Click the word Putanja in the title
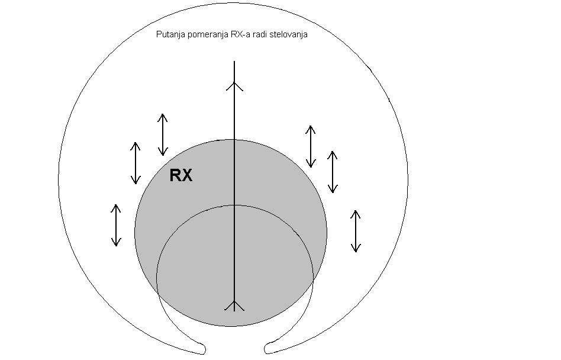click(169, 35)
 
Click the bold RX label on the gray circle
click(181, 176)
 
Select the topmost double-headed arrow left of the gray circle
click(162, 134)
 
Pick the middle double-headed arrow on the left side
click(136, 163)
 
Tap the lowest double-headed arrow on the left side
click(116, 225)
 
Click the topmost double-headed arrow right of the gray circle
click(309, 146)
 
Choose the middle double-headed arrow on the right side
click(333, 172)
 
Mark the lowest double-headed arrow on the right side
click(355, 231)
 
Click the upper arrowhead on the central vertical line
click(235, 86)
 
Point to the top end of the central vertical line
click(235, 61)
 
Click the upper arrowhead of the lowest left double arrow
click(116, 208)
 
